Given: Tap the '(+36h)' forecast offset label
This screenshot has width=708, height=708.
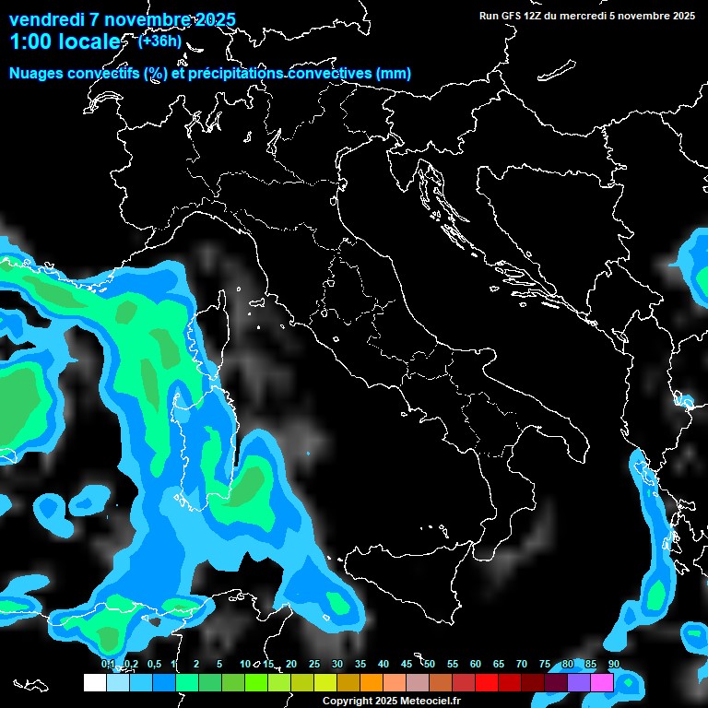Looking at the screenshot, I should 159,41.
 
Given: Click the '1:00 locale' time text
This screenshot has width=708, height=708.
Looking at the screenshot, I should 65,42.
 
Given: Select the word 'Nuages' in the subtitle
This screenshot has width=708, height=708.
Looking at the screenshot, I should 38,74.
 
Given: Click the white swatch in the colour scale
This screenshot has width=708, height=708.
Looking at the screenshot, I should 95,683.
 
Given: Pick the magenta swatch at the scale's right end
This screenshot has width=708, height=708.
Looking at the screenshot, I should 602,683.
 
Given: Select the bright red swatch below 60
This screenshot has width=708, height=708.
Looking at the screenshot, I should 487,683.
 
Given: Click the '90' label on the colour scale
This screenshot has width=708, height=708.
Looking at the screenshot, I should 614,664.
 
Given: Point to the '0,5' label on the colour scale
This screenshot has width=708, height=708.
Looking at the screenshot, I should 153,664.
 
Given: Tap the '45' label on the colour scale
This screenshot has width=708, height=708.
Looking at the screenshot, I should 407,664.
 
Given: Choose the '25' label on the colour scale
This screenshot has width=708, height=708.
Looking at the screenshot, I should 314,664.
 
